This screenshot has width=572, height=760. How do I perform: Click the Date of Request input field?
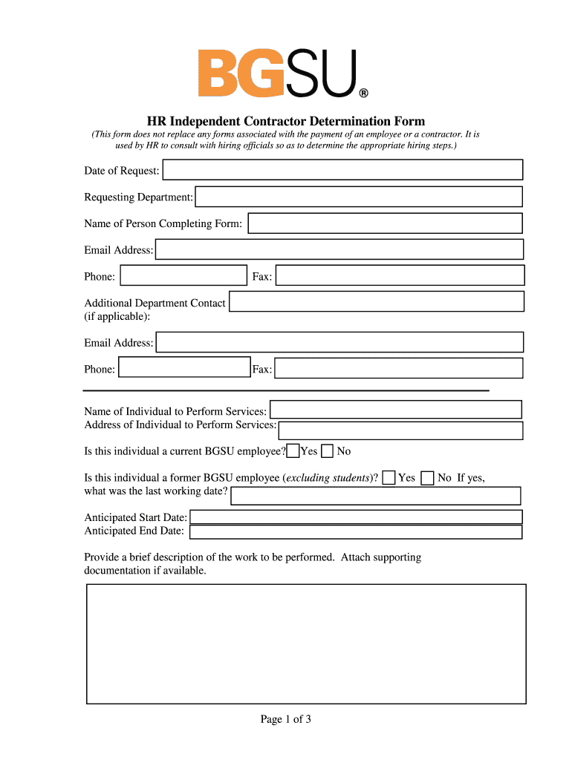[342, 170]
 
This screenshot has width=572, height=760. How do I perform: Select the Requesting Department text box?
[358, 197]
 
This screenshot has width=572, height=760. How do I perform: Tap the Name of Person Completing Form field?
[385, 223]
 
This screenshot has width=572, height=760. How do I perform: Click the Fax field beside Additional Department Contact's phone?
[399, 369]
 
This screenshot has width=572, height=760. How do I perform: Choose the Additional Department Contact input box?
[377, 301]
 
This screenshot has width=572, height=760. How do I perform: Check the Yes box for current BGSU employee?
[293, 451]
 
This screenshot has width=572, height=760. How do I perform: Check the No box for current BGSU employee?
[327, 451]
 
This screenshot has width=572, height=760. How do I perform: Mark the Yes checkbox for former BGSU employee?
[389, 478]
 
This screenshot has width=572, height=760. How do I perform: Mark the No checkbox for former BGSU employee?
[427, 478]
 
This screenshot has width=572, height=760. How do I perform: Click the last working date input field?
[376, 496]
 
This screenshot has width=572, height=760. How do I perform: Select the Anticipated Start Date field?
[356, 517]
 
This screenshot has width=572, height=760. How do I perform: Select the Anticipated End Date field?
[356, 531]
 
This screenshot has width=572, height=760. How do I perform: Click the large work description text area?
[306, 643]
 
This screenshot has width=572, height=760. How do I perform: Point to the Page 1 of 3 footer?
[285, 719]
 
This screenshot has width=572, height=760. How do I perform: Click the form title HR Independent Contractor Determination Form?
[285, 121]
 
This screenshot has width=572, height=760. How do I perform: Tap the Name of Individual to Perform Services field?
[395, 410]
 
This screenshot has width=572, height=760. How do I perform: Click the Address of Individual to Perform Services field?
[400, 430]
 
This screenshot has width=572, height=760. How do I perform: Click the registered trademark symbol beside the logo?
[363, 94]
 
